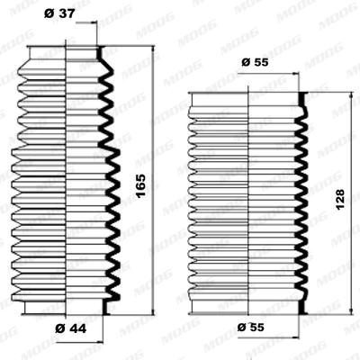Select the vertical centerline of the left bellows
coord(68,180)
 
